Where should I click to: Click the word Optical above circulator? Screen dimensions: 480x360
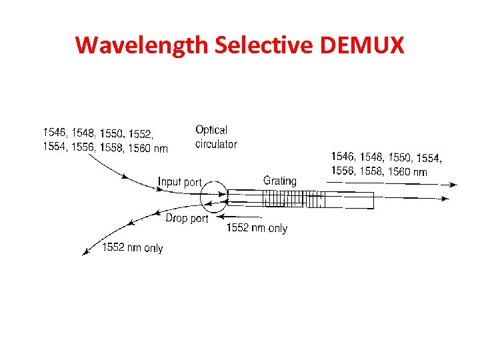(x=211, y=130)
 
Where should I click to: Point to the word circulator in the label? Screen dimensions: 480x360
(x=216, y=144)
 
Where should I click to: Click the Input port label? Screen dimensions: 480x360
(x=179, y=181)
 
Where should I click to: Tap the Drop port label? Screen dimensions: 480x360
(x=187, y=218)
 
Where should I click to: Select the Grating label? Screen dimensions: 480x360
(x=280, y=181)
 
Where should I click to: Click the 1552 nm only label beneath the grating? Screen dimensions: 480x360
(x=257, y=228)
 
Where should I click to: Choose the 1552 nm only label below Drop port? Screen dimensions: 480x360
(x=132, y=248)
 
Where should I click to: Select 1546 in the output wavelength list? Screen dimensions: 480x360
(x=343, y=157)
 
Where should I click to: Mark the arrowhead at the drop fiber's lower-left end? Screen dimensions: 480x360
(x=85, y=251)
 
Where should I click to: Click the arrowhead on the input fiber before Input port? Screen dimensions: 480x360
(x=124, y=177)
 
